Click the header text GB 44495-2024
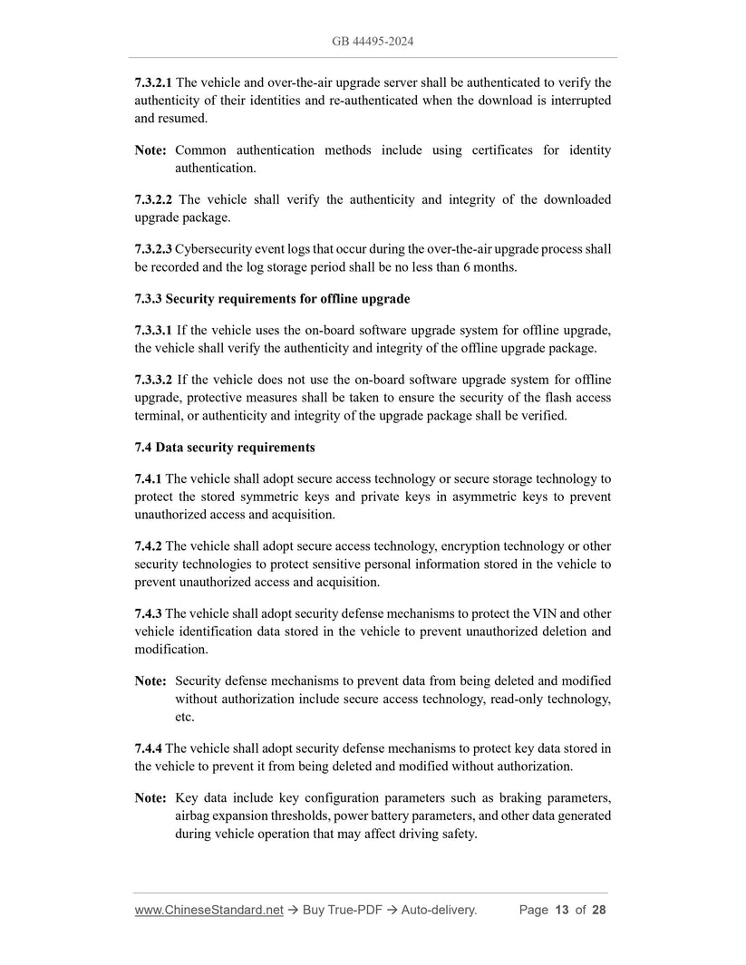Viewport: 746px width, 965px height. (373, 42)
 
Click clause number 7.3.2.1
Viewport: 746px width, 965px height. (153, 83)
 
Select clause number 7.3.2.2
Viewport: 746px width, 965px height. (154, 199)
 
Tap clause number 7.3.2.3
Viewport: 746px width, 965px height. (153, 249)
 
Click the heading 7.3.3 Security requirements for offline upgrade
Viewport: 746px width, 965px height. (272, 299)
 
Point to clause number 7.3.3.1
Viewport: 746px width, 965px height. (153, 331)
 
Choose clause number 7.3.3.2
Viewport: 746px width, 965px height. (153, 381)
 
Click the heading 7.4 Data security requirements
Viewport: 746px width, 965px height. (225, 448)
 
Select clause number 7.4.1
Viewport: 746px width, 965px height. (149, 479)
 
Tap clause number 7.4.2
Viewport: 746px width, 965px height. (149, 546)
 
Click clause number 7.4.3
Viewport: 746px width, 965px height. (149, 614)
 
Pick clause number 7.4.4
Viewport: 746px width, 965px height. (149, 748)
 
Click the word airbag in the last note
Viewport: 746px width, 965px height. (193, 815)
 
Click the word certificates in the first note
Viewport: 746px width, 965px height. (502, 150)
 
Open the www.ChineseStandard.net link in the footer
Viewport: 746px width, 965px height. (208, 910)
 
